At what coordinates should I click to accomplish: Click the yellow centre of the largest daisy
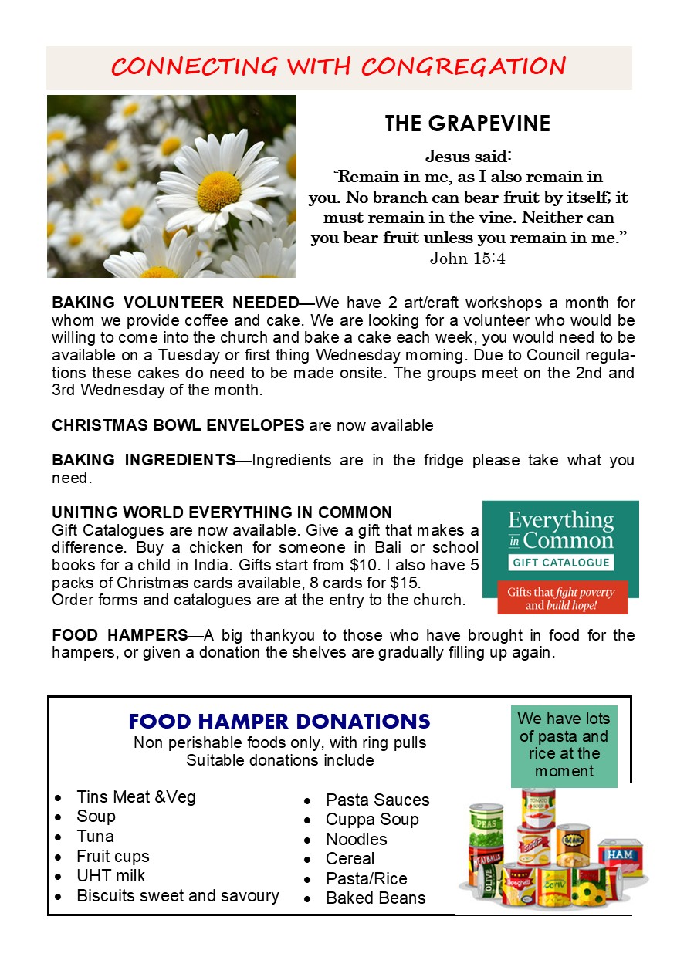219,191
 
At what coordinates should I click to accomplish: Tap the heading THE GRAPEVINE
468,123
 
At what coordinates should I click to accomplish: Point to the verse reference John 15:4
467,258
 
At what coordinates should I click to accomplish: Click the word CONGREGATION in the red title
463,66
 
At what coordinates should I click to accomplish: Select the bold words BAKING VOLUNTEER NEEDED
175,302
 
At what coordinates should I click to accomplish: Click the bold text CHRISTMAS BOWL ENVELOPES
178,425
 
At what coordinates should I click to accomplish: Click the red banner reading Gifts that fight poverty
560,598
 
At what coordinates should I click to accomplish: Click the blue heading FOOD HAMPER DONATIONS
279,722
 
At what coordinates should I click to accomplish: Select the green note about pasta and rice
564,745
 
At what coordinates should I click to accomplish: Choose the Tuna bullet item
95,837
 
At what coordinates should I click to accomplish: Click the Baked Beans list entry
375,898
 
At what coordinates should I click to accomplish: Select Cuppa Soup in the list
372,820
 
